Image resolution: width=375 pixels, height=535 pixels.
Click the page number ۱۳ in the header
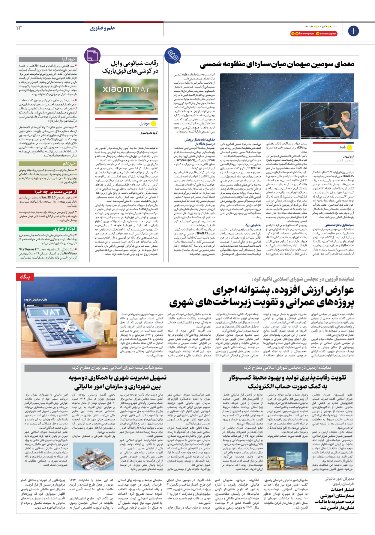(x=19, y=28)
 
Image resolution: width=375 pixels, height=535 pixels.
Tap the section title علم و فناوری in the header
(x=102, y=28)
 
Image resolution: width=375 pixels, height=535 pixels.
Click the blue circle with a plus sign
(x=353, y=31)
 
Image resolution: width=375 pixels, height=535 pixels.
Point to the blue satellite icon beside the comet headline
(x=172, y=55)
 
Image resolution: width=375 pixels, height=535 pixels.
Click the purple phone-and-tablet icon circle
(x=92, y=55)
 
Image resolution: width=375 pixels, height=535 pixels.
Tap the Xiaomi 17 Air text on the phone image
(x=126, y=89)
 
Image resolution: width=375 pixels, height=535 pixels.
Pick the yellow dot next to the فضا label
(x=349, y=147)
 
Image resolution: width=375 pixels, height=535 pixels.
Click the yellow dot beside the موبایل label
(x=154, y=123)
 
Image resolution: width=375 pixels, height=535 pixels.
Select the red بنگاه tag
(x=25, y=277)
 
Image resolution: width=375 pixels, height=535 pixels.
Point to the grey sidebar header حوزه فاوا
(x=69, y=59)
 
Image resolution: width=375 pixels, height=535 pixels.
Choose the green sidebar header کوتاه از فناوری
(x=64, y=229)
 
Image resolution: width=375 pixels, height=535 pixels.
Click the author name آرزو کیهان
(x=348, y=157)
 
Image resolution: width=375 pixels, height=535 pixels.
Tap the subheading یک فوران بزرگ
(x=253, y=216)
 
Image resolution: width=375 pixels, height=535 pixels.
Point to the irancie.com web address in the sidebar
(x=64, y=155)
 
